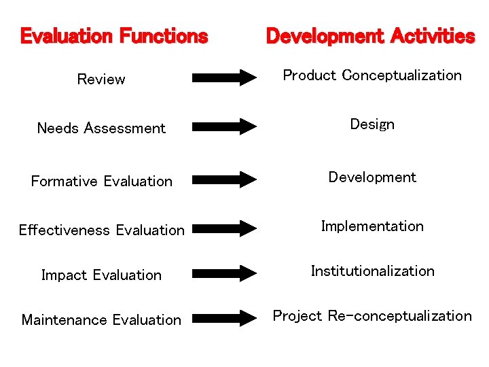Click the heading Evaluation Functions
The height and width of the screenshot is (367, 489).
point(114,36)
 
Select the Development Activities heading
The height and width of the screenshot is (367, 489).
point(370,36)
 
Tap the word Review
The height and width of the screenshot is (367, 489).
point(101,80)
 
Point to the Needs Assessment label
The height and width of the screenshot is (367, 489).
point(101,128)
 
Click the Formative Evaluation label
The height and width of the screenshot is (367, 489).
point(102,181)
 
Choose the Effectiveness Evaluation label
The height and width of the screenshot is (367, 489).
point(102,230)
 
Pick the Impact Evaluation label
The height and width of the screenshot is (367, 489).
point(102,275)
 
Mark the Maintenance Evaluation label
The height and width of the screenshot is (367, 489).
point(102,320)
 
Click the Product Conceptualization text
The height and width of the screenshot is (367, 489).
point(372,75)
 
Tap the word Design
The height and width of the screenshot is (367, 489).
point(372,124)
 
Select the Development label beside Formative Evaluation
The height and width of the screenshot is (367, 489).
point(372,177)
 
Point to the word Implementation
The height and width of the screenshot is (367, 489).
point(372,226)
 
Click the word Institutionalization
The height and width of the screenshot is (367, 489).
point(372,271)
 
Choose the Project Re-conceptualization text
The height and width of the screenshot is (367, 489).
point(372,316)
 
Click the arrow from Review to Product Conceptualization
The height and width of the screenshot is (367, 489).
point(225,77)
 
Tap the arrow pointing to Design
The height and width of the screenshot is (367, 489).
point(225,126)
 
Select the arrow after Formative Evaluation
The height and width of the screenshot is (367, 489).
point(225,179)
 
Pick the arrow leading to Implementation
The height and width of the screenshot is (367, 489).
point(225,228)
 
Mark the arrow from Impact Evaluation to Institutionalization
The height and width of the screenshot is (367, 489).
point(225,273)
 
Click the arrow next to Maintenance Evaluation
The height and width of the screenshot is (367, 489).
point(225,317)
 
